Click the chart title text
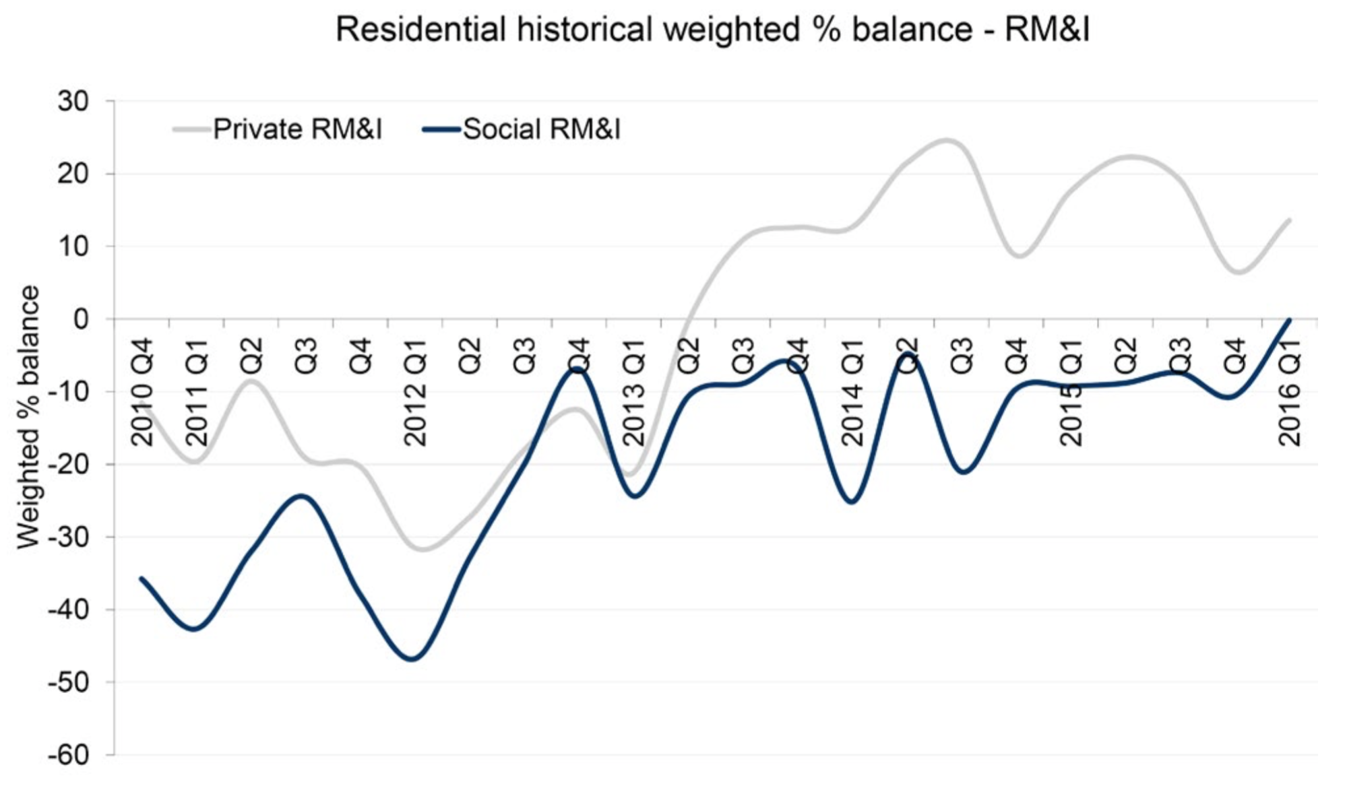click(x=712, y=30)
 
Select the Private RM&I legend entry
click(x=297, y=129)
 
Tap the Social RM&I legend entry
click(x=541, y=129)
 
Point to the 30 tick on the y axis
click(x=73, y=102)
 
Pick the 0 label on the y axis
click(x=81, y=319)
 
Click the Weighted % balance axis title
click(x=28, y=418)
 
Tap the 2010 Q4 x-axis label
click(x=142, y=393)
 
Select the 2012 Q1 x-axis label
click(x=415, y=393)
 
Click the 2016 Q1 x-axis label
click(x=1289, y=393)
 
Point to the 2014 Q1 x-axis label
click(x=852, y=393)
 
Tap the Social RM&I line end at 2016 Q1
click(x=1289, y=319)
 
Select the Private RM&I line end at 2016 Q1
click(x=1289, y=220)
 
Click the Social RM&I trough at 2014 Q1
click(x=852, y=502)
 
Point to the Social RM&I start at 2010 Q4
click(x=142, y=578)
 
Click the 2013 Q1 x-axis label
click(x=633, y=393)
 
